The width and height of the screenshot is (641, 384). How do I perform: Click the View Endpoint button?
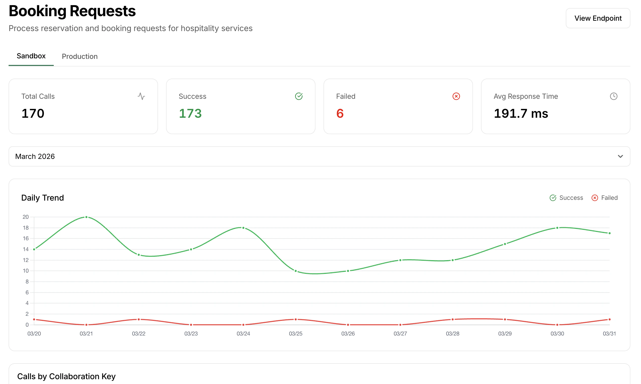pyautogui.click(x=598, y=18)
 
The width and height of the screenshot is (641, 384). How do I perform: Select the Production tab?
pyautogui.click(x=79, y=56)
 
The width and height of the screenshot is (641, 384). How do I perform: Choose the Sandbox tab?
pyautogui.click(x=31, y=56)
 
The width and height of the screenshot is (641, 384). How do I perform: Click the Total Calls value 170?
pyautogui.click(x=33, y=113)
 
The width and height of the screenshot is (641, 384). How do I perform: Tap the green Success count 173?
pyautogui.click(x=190, y=113)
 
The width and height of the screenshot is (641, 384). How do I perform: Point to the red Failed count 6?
pyautogui.click(x=340, y=113)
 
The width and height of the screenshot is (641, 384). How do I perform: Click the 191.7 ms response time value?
pyautogui.click(x=521, y=113)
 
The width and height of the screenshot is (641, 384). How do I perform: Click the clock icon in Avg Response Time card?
pyautogui.click(x=613, y=96)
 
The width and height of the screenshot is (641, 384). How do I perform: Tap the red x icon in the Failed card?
pyautogui.click(x=456, y=96)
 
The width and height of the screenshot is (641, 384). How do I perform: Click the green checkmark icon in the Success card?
pyautogui.click(x=299, y=96)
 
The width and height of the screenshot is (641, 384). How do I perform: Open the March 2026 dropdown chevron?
pyautogui.click(x=620, y=156)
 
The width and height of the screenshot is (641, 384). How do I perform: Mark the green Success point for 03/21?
pyautogui.click(x=86, y=217)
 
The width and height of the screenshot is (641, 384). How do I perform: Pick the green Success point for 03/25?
pyautogui.click(x=296, y=271)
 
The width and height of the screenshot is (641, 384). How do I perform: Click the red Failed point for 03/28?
pyautogui.click(x=452, y=319)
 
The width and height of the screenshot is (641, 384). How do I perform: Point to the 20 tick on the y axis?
pyautogui.click(x=25, y=217)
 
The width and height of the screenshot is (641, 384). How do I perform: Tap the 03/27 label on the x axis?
pyautogui.click(x=400, y=333)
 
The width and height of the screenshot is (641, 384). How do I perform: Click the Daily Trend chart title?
pyautogui.click(x=42, y=198)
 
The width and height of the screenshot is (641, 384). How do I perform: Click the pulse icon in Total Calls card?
pyautogui.click(x=141, y=96)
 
